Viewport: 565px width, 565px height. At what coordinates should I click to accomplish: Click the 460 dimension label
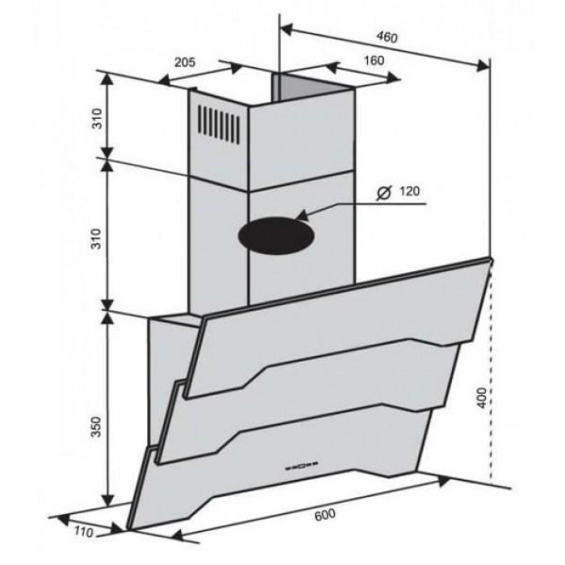click(x=387, y=37)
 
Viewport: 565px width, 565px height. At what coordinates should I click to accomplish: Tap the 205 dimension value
click(x=185, y=62)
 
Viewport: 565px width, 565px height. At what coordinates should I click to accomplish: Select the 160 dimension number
click(x=374, y=61)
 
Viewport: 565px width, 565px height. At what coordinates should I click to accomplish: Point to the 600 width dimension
click(x=325, y=515)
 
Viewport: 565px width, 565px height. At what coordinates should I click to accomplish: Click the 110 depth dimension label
click(x=84, y=532)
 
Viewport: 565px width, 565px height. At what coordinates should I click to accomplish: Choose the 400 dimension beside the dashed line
click(x=481, y=398)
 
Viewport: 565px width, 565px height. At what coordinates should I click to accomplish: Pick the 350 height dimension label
click(x=97, y=427)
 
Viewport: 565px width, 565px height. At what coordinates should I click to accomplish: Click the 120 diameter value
click(x=410, y=191)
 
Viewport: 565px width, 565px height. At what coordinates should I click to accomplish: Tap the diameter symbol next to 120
click(x=383, y=193)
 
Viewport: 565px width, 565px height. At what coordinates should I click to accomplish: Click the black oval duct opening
click(x=276, y=236)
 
